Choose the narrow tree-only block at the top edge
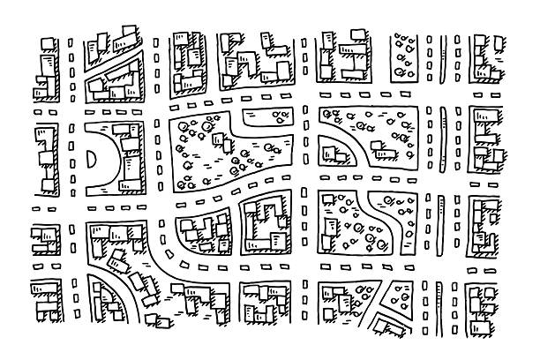[407, 53]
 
